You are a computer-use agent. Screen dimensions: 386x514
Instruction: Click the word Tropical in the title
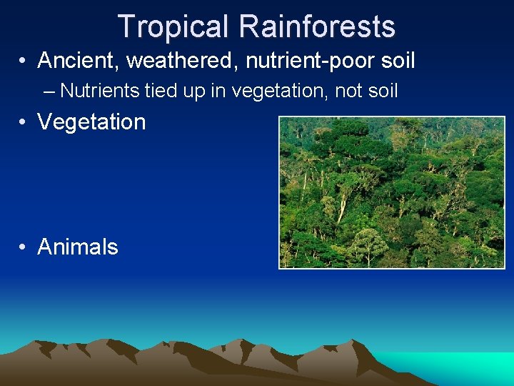[174, 26]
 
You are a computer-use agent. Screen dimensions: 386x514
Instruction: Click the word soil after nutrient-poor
[395, 61]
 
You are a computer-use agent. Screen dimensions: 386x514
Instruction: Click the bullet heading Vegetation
[91, 122]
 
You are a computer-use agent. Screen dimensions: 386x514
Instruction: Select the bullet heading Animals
[78, 247]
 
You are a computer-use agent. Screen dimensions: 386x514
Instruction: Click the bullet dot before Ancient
[24, 61]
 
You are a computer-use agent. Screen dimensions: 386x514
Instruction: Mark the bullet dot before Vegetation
[24, 122]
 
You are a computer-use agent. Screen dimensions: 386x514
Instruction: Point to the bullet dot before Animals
[24, 247]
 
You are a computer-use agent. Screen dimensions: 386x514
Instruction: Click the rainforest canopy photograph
[391, 192]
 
